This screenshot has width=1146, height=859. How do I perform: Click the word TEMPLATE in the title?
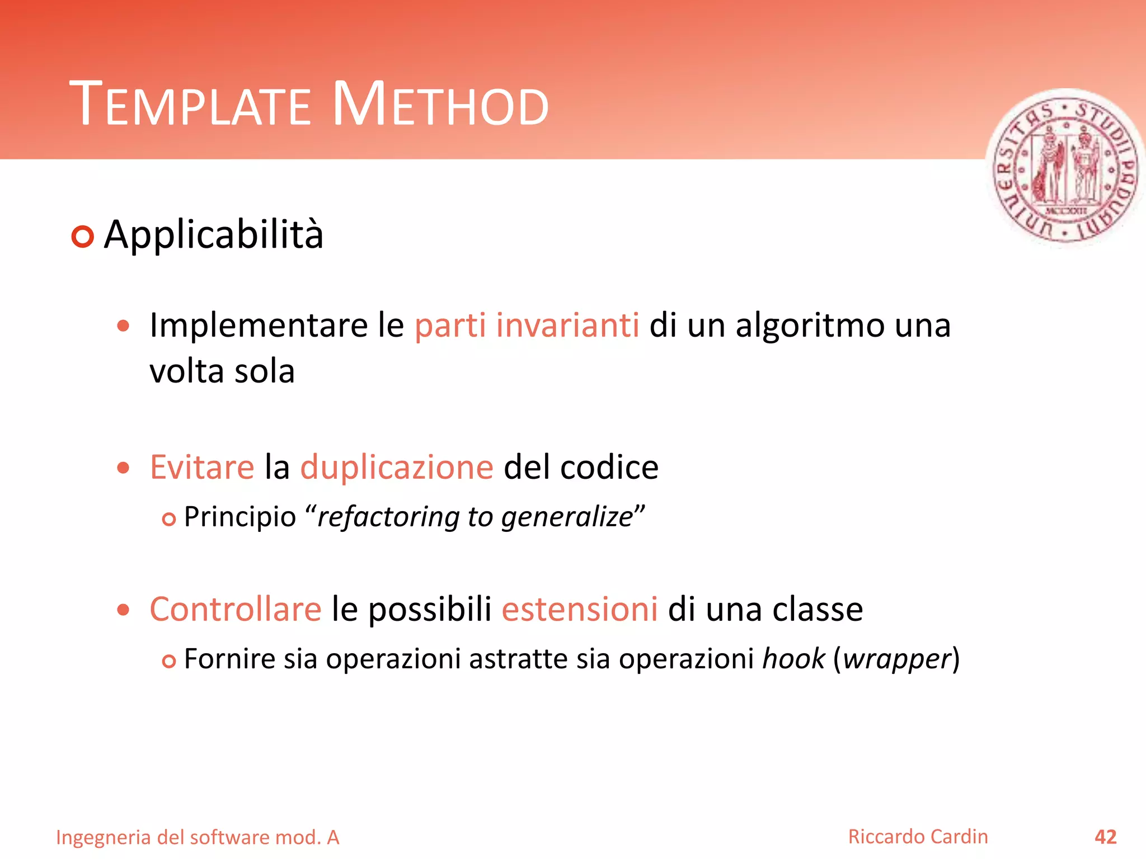click(x=190, y=105)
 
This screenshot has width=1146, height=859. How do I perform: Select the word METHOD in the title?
click(x=440, y=105)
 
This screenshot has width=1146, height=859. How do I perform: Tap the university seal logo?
click(x=1066, y=168)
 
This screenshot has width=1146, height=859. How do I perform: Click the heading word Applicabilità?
click(x=214, y=235)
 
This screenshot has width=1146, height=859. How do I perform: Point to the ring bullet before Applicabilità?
click(x=82, y=237)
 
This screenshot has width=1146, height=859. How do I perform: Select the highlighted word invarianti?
click(x=567, y=325)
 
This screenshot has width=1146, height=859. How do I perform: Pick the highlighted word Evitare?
click(x=202, y=468)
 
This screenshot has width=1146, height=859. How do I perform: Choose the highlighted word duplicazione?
click(x=397, y=468)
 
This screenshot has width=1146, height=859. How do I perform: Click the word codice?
click(x=609, y=468)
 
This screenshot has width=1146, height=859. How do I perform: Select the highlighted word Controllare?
click(x=236, y=609)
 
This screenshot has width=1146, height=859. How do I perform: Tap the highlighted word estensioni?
click(x=580, y=609)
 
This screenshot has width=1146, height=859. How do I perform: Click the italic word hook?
click(x=793, y=659)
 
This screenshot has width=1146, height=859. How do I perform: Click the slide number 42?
click(x=1105, y=837)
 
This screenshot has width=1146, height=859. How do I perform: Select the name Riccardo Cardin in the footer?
click(x=918, y=837)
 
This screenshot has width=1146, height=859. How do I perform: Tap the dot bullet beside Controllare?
click(x=124, y=610)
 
